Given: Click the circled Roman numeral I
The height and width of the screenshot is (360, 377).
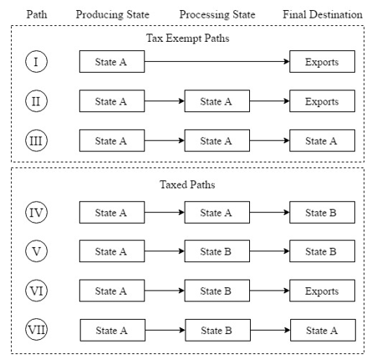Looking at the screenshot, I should pos(35,62).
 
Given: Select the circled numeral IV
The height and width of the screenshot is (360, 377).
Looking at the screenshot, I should pos(35,212).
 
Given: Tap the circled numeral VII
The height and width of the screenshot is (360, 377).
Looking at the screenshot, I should pos(35,330).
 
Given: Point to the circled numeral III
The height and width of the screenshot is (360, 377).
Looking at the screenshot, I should pos(35,140).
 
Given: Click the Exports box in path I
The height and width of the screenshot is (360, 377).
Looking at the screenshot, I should pos(322,62).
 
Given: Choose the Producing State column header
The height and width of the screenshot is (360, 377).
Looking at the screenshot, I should pos(112,15).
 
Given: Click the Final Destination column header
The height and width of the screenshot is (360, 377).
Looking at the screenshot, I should pos(322,15).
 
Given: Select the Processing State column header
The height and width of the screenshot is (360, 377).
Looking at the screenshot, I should pos(217,15).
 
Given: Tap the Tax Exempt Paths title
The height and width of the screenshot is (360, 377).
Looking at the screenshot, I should pos(188,38).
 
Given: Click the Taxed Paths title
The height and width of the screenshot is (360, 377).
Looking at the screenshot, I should pos(188,185).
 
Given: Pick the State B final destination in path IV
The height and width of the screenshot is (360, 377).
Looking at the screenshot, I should pos(322,213).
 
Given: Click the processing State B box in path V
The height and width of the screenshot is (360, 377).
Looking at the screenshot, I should pos(217,251).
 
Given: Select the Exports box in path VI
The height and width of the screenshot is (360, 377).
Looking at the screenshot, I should pos(322,291).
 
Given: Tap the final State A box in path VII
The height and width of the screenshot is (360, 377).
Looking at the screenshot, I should pos(322,330).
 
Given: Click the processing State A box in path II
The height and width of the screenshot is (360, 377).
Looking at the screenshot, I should pos(217,101).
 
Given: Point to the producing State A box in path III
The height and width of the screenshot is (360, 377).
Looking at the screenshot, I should pos(112,140).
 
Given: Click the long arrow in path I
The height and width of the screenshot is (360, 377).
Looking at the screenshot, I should pos(217,62).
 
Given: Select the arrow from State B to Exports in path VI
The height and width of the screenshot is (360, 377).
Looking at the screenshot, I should pos(269,291).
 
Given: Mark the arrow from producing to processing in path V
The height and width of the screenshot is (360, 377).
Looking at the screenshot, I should pos(164,251).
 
